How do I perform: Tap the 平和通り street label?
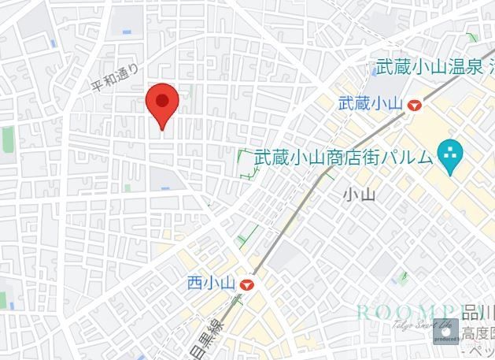click(x=115, y=77)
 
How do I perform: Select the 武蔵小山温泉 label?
click(x=428, y=68)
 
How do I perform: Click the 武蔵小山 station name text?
click(x=370, y=104)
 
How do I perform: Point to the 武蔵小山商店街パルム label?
click(x=343, y=157)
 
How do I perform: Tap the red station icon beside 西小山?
click(x=249, y=284)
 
